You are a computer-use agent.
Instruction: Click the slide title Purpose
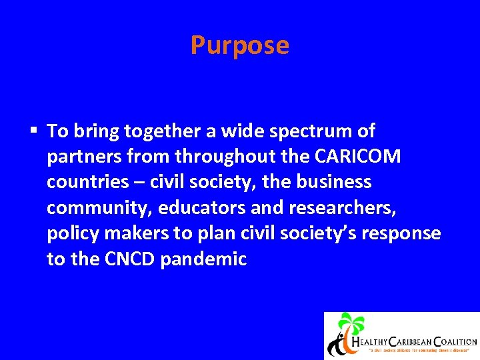click(x=239, y=45)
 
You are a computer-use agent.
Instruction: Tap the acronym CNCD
click(x=130, y=259)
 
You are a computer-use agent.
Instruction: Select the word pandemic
click(x=203, y=259)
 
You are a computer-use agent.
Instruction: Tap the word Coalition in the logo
click(x=451, y=341)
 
